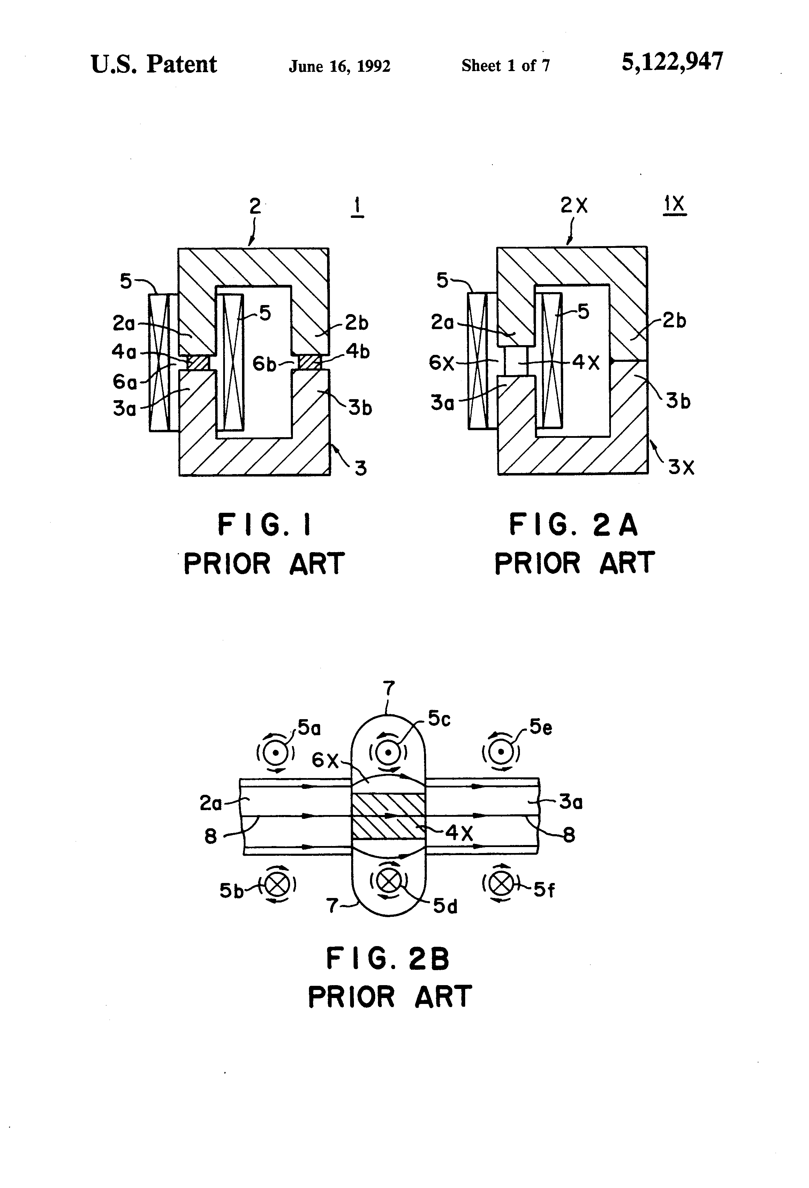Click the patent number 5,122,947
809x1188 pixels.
click(x=672, y=62)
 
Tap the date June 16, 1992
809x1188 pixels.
click(x=340, y=66)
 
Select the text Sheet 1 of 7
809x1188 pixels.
click(x=505, y=66)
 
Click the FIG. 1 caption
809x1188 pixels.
click(x=264, y=525)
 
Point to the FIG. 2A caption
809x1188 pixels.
click(x=573, y=525)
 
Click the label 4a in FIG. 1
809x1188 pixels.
click(x=124, y=352)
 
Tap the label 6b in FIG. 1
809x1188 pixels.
click(x=264, y=364)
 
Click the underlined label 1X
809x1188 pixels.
click(x=674, y=205)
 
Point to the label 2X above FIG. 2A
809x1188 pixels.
click(x=574, y=205)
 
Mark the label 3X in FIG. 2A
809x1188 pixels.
click(x=681, y=467)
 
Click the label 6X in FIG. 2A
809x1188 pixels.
click(x=442, y=363)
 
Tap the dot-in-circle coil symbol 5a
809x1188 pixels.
click(x=275, y=752)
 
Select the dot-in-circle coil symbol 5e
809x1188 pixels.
click(x=501, y=752)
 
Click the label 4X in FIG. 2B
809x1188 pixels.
click(x=459, y=833)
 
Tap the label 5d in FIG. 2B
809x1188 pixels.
click(x=445, y=906)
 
